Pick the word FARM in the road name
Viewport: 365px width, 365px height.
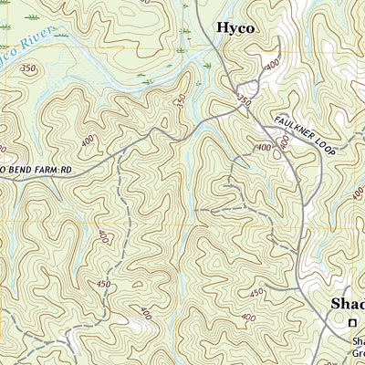55,170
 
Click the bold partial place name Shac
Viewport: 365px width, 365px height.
347,304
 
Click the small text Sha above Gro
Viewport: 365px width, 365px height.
359,341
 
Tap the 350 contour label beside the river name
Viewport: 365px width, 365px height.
29,68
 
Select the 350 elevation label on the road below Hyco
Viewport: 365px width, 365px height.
244,100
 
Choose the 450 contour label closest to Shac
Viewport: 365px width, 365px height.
257,292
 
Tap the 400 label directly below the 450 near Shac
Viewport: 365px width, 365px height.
248,317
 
